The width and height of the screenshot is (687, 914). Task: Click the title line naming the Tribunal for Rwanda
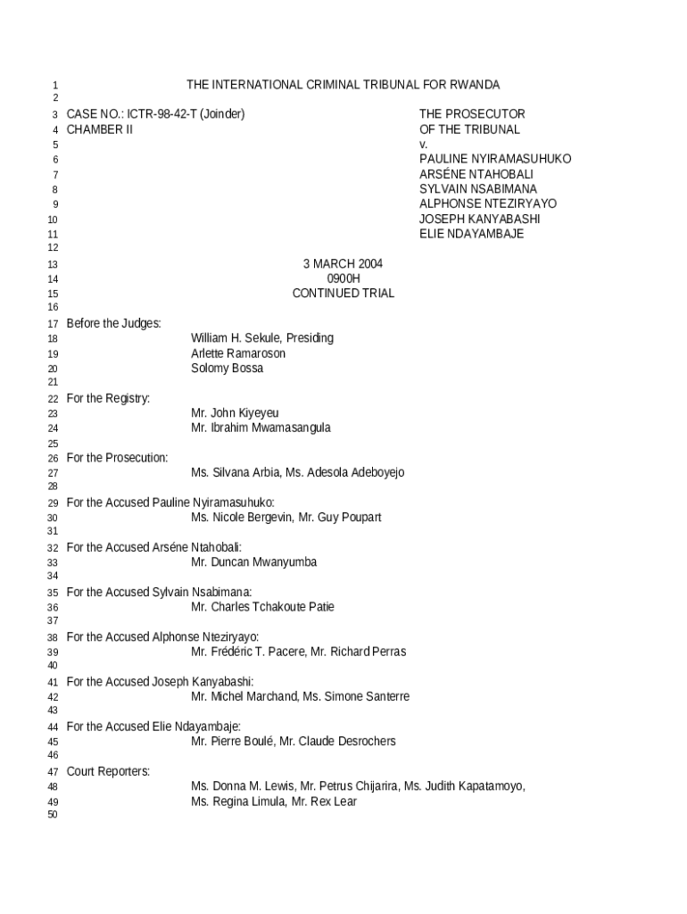[x=343, y=85]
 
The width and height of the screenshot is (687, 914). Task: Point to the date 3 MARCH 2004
[x=343, y=264]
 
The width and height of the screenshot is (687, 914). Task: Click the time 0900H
[x=343, y=278]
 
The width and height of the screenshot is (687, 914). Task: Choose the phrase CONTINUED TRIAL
[x=343, y=294]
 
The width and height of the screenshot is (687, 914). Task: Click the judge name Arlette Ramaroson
[x=238, y=353]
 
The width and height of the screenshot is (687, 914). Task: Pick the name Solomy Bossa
[x=227, y=369]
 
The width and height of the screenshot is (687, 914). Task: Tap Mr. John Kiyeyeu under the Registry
[x=235, y=413]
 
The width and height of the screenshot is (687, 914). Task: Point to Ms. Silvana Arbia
[x=235, y=473]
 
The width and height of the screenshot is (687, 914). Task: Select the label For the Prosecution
[x=117, y=458]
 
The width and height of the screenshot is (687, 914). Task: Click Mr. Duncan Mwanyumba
[x=253, y=562]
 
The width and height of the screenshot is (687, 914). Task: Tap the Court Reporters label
[x=108, y=771]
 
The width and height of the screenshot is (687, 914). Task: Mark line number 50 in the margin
[x=52, y=816]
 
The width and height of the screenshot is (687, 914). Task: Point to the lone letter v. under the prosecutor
[x=423, y=145]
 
